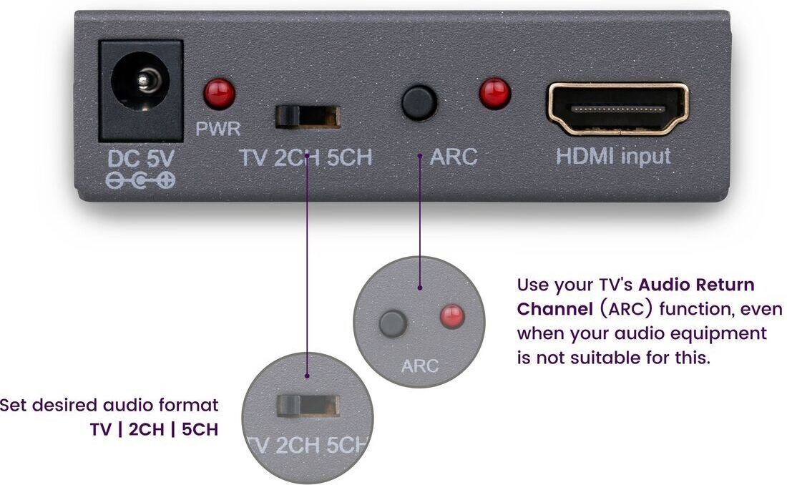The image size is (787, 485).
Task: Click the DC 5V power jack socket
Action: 141,90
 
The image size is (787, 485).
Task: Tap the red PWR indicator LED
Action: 219,94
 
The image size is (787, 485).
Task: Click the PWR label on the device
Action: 217,129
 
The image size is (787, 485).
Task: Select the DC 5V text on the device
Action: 141,159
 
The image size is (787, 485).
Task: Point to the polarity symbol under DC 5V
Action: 140,180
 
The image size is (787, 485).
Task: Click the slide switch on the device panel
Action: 308,117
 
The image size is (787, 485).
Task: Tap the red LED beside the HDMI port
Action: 495,94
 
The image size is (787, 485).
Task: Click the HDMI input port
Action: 618,109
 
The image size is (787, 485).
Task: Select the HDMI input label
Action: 613,156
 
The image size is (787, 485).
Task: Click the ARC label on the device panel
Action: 454,157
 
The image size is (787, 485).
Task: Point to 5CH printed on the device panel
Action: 349,157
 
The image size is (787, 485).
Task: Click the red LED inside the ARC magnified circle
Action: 452,316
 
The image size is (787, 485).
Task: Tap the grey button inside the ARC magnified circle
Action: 393,323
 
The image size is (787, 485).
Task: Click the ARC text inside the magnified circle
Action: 419,366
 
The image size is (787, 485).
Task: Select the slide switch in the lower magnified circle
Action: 308,406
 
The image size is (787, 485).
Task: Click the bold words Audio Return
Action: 697,285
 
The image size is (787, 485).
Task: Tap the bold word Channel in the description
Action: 555,309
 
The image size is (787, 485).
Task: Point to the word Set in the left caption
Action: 13,405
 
